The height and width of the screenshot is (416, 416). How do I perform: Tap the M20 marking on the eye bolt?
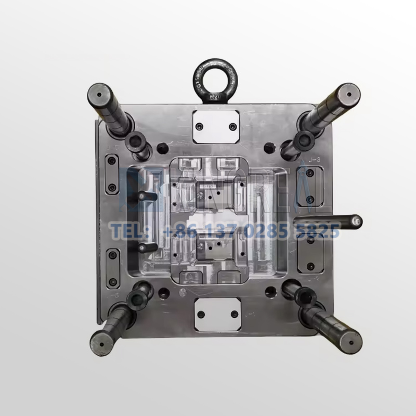tap(214, 97)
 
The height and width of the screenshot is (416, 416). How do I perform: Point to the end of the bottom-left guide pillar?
tap(101, 343)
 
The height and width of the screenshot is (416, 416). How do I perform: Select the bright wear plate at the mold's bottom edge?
tap(217, 314)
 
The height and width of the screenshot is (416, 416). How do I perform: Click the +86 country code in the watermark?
tap(178, 229)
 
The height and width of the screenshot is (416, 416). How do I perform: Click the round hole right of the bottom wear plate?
tap(269, 292)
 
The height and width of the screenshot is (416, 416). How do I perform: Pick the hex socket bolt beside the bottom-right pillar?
tap(302, 297)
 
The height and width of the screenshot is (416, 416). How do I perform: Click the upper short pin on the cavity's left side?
tap(146, 196)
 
